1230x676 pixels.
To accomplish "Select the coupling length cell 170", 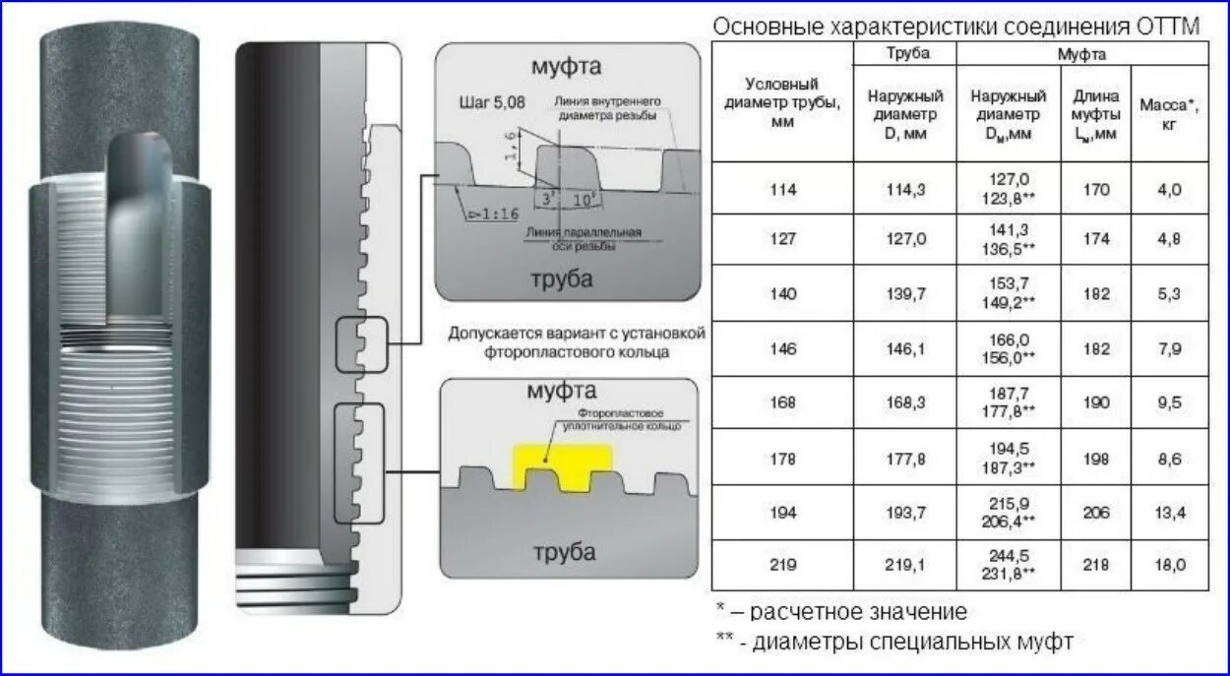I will (x=1096, y=190).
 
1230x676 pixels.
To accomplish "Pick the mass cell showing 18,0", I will (x=1169, y=564).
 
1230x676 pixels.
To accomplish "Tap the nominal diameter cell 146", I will (x=783, y=348).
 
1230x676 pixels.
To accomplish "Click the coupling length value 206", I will (x=1096, y=513).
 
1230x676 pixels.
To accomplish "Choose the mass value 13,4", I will (x=1169, y=513).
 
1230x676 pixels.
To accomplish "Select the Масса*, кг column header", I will (x=1169, y=112).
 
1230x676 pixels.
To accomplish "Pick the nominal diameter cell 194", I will (x=783, y=513).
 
